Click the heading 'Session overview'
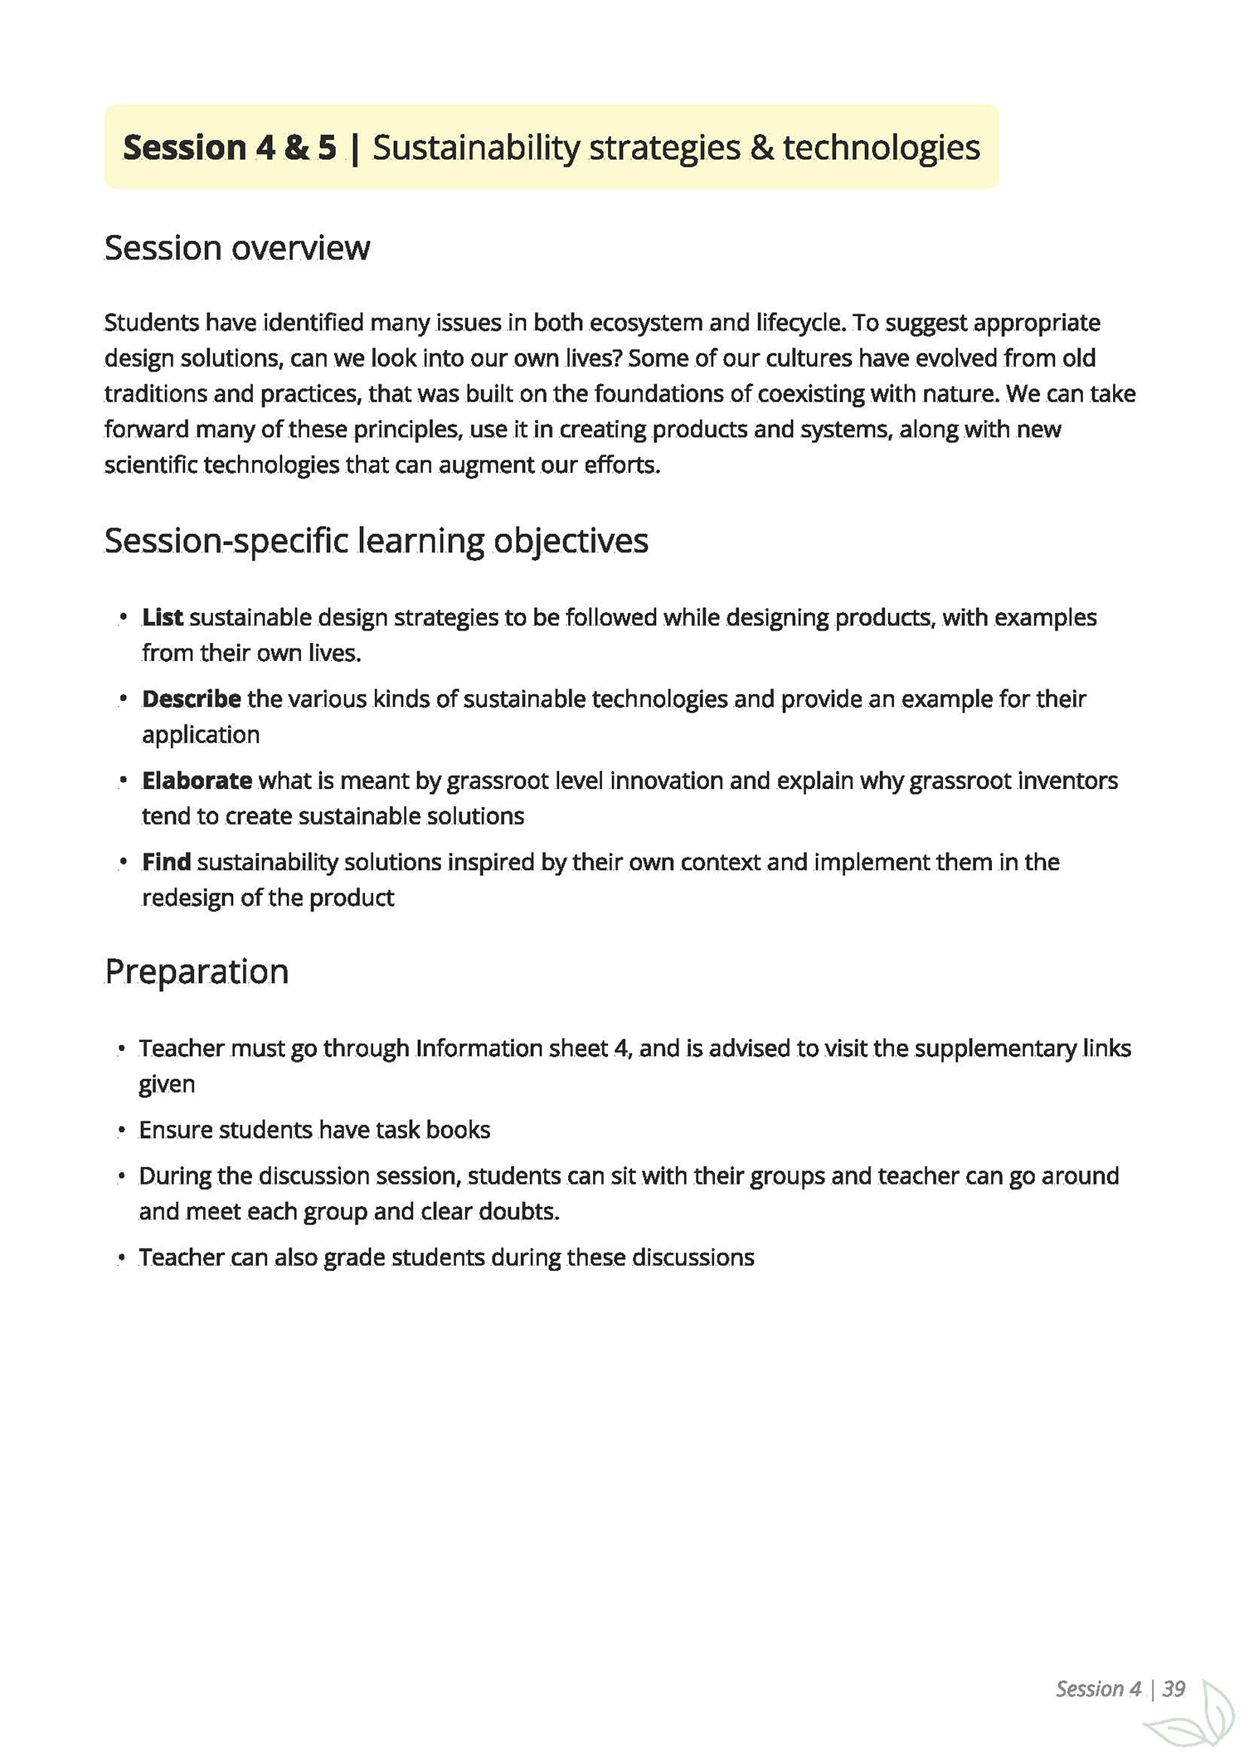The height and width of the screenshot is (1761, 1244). pos(237,248)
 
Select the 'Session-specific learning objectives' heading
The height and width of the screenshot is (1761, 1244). pos(376,541)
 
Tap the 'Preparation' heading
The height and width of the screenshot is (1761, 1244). pos(197,971)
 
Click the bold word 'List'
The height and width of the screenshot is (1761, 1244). pos(163,618)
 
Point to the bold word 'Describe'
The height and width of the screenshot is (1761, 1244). pos(192,699)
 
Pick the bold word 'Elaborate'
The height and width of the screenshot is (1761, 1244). pos(197,781)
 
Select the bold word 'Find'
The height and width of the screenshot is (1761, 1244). pos(167,863)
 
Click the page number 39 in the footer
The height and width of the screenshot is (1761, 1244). pos(1174,1689)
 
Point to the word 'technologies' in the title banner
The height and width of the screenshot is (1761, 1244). pos(882,148)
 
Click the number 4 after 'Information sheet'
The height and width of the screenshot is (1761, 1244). pos(620,1048)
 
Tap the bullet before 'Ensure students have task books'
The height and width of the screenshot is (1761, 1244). pos(121,1131)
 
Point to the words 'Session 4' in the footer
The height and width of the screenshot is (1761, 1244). pos(1098,1689)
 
